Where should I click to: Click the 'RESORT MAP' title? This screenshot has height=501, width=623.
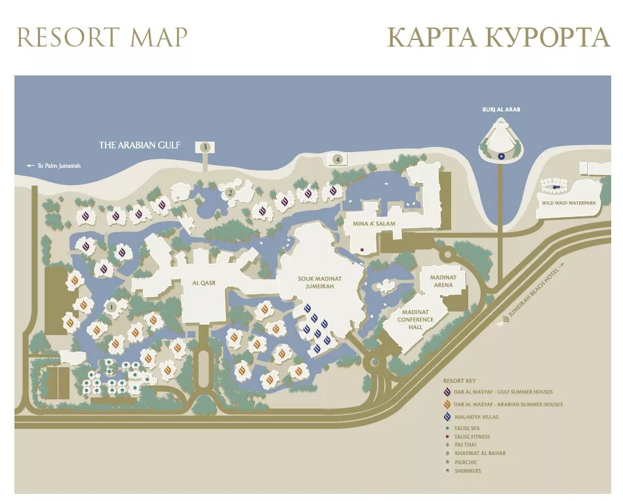click(102, 37)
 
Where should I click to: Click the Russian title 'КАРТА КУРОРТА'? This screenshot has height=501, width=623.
click(498, 37)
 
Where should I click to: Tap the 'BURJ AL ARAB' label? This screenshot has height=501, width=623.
click(501, 110)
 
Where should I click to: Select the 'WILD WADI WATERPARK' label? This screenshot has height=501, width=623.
click(569, 204)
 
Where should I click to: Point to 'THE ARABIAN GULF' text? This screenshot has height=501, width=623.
click(139, 145)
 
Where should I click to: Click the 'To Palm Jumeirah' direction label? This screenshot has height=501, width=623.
click(54, 166)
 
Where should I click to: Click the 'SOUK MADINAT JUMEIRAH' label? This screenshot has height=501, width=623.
click(320, 283)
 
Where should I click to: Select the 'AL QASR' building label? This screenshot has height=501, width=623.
click(204, 283)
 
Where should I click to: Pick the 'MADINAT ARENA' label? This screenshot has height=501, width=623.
click(443, 281)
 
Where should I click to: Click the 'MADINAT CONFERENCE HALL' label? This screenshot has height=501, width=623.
click(416, 319)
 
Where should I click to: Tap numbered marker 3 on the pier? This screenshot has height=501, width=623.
click(205, 147)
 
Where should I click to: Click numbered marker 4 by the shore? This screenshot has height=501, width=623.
click(338, 159)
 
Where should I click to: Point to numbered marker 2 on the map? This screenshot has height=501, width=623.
click(230, 193)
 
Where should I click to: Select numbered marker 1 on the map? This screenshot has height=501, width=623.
click(111, 306)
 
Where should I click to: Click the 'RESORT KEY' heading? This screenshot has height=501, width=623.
click(458, 380)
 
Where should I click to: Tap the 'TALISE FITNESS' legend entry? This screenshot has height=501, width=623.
click(472, 437)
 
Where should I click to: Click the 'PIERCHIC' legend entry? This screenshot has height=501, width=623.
click(465, 462)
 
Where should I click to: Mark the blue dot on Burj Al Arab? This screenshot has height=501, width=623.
click(501, 156)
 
